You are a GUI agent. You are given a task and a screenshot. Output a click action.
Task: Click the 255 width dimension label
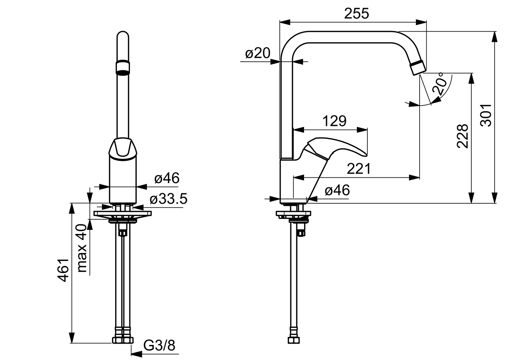356,14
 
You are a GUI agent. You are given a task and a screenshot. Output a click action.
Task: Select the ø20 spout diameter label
257,53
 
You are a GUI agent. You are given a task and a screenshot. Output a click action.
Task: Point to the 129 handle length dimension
335,121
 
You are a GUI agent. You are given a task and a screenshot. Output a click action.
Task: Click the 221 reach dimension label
359,169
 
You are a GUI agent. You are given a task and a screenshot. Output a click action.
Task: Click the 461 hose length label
63,270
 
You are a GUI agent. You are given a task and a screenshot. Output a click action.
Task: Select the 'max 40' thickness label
82,248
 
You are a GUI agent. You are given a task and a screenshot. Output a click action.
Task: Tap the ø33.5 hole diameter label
168,199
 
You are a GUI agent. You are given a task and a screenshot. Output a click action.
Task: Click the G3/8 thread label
159,346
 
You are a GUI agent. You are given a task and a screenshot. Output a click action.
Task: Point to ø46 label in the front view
167,178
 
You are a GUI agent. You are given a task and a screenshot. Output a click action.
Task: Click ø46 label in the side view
337,190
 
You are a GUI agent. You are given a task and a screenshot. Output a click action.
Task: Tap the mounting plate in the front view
123,213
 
